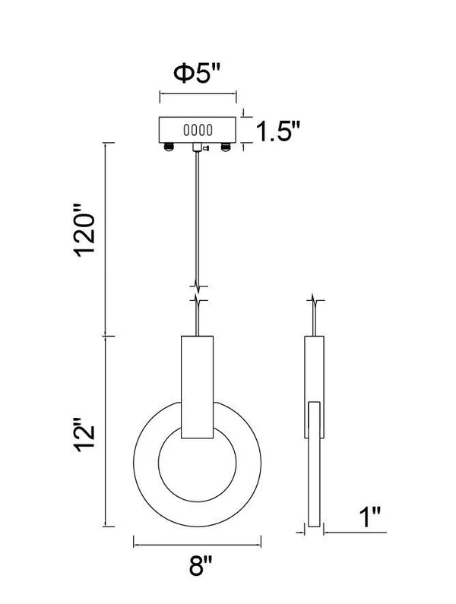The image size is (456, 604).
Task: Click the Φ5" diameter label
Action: pos(197,73)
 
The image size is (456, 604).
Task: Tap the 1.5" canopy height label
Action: pos(278,131)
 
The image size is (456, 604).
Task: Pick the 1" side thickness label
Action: pos(370,517)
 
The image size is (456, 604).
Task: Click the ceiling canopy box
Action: pos(198,130)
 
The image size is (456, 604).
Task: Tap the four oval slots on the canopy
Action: pos(198,130)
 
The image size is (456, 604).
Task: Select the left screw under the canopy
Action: pos(169,147)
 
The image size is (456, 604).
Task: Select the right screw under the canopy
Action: pos(225,147)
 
